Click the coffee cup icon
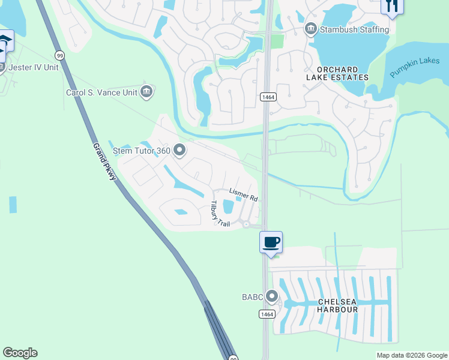pyautogui.click(x=271, y=242)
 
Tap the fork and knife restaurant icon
pyautogui.click(x=392, y=6)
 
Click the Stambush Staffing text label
pyautogui.click(x=355, y=29)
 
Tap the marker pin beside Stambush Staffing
pyautogui.click(x=311, y=29)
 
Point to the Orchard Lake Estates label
pyautogui.click(x=337, y=73)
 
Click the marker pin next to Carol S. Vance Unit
pyautogui.click(x=146, y=92)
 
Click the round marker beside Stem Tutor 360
pyautogui.click(x=179, y=151)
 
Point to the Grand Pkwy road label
pyautogui.click(x=104, y=162)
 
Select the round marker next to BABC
pyautogui.click(x=272, y=296)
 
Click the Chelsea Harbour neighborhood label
pyautogui.click(x=330, y=305)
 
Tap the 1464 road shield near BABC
pyautogui.click(x=267, y=314)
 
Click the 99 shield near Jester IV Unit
pyautogui.click(x=59, y=55)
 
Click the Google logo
pyautogui.click(x=20, y=353)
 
